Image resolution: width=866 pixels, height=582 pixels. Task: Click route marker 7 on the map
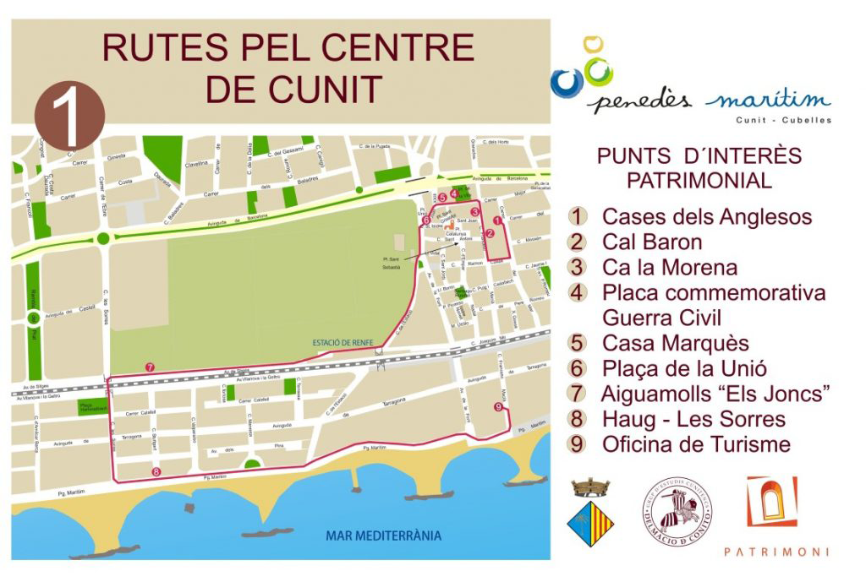150,367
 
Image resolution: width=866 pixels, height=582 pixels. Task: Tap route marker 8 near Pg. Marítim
156,471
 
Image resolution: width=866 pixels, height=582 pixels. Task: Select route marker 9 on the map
497,407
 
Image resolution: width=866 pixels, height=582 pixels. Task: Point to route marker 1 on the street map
497,220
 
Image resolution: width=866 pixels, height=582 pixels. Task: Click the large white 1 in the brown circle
70,117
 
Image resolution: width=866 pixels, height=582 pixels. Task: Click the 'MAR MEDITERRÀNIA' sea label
383,536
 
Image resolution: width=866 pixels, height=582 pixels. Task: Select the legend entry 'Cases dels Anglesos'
706,217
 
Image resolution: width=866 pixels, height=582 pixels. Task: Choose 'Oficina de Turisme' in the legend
696,444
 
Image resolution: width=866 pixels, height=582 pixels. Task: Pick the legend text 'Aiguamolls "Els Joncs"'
715,394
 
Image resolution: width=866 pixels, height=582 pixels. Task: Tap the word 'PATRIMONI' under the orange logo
776,552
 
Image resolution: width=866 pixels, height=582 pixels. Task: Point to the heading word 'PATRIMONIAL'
698,180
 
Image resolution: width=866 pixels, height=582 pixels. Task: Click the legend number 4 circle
578,293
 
